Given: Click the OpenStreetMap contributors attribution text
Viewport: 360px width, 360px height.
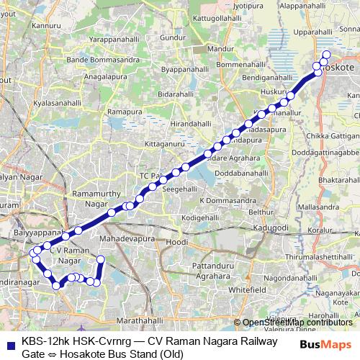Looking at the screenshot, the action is coord(297,322).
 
